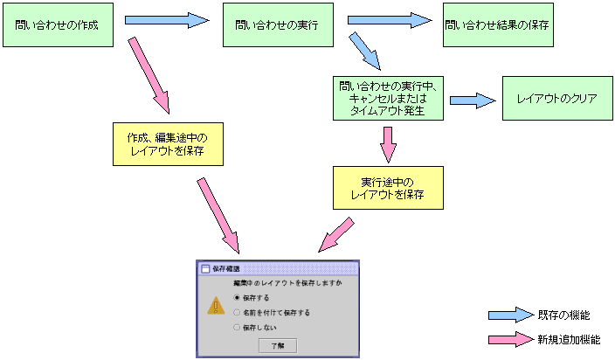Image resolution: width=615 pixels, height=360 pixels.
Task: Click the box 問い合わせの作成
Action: (60, 25)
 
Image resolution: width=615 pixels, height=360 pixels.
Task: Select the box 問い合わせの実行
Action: (279, 25)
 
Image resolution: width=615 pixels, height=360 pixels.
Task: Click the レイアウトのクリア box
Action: (556, 99)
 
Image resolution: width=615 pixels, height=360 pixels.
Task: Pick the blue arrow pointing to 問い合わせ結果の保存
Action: (390, 19)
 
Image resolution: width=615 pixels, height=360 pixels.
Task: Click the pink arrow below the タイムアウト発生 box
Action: (388, 143)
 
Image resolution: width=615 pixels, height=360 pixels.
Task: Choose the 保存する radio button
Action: (236, 298)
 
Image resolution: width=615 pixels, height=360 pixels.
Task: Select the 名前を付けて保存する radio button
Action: (236, 312)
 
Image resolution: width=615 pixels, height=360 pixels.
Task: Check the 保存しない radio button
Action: (236, 327)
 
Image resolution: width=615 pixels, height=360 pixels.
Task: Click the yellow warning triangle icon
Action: (216, 306)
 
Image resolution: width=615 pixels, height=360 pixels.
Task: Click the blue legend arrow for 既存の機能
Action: (509, 315)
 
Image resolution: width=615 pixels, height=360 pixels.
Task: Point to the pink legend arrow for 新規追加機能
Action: (509, 338)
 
